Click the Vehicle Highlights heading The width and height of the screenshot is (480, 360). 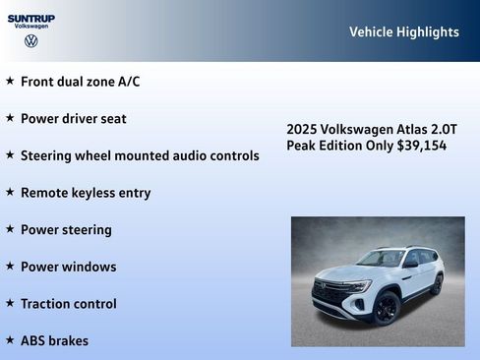click(403, 32)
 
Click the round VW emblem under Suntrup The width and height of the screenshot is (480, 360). click(31, 41)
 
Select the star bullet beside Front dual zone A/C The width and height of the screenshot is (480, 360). click(10, 81)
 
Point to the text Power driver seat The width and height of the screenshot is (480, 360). click(74, 118)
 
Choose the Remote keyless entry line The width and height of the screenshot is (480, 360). click(86, 193)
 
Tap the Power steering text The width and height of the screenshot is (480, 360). click(66, 229)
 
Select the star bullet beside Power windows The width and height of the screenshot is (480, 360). click(10, 267)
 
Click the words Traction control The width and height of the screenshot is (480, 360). click(68, 304)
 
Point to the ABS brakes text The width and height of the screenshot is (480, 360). click(54, 341)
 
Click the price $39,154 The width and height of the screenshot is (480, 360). click(422, 146)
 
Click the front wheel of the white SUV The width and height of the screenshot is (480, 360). click(386, 308)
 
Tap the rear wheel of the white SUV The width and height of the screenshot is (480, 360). click(437, 285)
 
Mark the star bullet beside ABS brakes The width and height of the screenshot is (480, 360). click(10, 340)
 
